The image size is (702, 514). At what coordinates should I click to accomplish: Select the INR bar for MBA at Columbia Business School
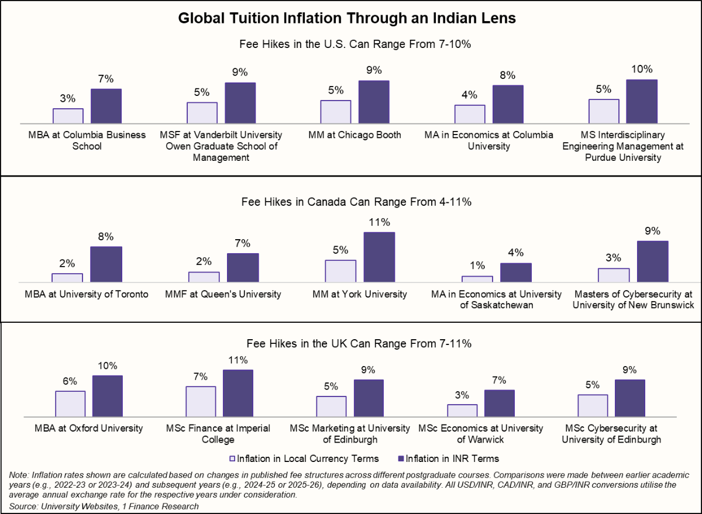point(106,106)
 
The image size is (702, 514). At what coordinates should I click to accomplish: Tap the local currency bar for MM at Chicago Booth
point(336,112)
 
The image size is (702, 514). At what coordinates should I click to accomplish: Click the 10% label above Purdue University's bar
point(642,70)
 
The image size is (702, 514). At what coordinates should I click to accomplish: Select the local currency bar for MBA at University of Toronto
point(67,278)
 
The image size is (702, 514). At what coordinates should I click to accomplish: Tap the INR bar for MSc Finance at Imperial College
point(238,392)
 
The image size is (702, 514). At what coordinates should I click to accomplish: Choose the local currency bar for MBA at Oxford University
point(71,403)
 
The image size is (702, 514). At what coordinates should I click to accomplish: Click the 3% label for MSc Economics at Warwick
point(462,395)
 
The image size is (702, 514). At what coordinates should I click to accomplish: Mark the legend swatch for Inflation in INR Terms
point(401,458)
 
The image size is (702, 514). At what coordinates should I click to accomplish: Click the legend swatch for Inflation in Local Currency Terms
point(232,458)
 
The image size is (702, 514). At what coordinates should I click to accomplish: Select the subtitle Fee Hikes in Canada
point(356,202)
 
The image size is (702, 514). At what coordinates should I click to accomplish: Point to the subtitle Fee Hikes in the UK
point(356,343)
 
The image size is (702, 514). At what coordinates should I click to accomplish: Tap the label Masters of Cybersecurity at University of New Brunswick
point(633,299)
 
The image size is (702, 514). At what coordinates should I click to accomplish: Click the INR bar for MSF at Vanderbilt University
point(240,103)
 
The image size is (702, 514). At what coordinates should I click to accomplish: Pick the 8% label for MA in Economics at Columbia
point(507,75)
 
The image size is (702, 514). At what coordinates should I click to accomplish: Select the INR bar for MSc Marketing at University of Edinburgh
point(369,398)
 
